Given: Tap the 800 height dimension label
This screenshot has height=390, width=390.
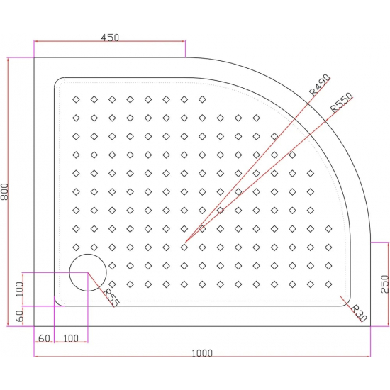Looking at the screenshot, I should tap(7, 192).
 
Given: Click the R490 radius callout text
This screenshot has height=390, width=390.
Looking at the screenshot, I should tap(320, 84).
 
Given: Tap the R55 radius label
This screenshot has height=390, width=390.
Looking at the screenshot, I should tap(111, 297).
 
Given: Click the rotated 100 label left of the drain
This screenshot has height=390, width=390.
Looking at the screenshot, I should tap(20, 289).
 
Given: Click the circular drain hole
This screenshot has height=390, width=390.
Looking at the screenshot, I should tap(87, 272).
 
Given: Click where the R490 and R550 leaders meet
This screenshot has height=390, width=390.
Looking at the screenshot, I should tap(184, 246).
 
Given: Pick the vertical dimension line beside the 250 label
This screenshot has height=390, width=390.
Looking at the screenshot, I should tap(389, 284).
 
